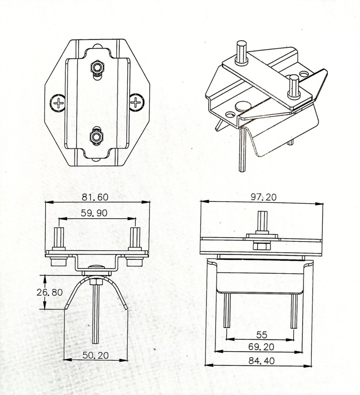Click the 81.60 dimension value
click(x=97, y=197)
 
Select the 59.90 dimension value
click(x=94, y=213)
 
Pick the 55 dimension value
click(x=261, y=335)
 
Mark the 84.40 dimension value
click(x=261, y=360)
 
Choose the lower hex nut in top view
click(x=97, y=137)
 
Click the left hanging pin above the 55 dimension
click(x=227, y=311)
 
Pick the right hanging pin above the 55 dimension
click(x=294, y=311)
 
